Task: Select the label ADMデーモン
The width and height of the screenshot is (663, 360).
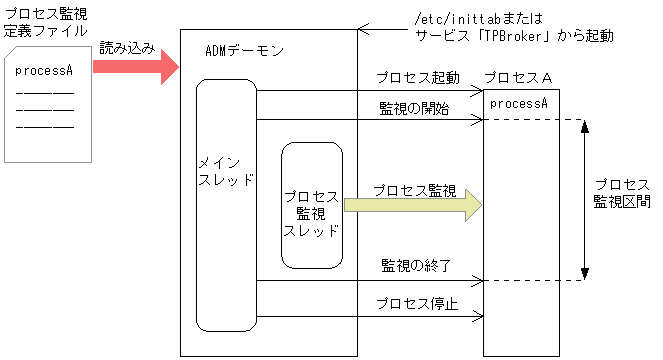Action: pos(244,50)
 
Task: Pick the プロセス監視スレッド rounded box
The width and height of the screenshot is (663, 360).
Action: pos(311,205)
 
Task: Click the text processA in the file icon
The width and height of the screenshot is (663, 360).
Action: pos(44,71)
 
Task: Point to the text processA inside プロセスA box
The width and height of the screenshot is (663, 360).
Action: pos(519,102)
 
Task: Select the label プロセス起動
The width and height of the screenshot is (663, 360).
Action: pos(418,77)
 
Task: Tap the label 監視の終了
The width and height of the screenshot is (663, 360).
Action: pos(416,265)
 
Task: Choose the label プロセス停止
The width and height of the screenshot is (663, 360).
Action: pos(417,304)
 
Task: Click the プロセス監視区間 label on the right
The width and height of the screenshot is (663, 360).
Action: pos(621,193)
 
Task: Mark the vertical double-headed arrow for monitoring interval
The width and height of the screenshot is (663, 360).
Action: pos(584,200)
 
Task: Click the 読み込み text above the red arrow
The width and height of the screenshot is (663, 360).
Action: pos(127,48)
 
